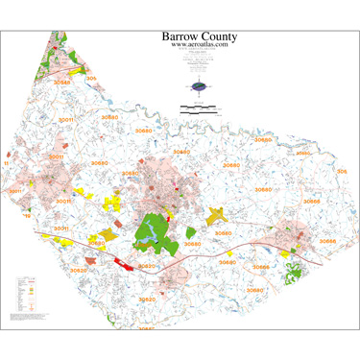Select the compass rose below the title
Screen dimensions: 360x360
(199, 87)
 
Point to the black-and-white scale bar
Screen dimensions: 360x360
(197, 105)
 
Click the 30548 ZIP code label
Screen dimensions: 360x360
(61, 83)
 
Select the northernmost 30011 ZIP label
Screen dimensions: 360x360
(66, 122)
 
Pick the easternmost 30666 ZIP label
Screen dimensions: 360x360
(326, 241)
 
